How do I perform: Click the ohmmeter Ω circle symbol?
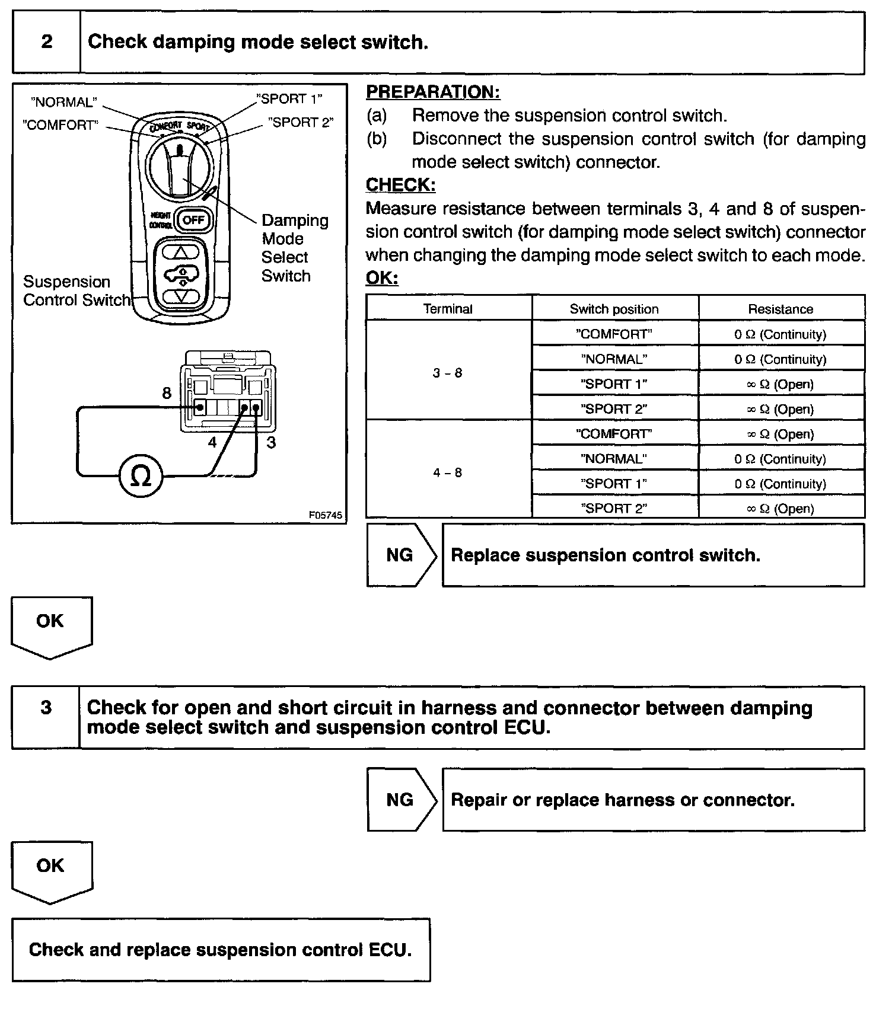tap(141, 475)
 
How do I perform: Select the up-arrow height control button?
tap(181, 252)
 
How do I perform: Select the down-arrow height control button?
tap(181, 295)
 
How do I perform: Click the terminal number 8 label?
tap(167, 393)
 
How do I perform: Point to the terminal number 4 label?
tap(212, 442)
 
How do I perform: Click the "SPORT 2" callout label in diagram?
tap(301, 123)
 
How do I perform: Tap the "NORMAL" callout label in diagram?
tap(64, 102)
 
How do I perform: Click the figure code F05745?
tap(325, 515)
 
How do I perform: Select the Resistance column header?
tap(780, 309)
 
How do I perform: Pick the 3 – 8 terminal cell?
tap(448, 373)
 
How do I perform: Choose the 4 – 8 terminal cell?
tap(448, 472)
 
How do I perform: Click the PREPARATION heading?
tap(433, 92)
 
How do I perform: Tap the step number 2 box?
tap(46, 42)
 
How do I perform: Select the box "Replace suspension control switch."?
tap(653, 555)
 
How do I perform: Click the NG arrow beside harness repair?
tap(401, 800)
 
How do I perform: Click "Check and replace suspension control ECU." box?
tap(221, 950)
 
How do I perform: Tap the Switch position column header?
tap(614, 309)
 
